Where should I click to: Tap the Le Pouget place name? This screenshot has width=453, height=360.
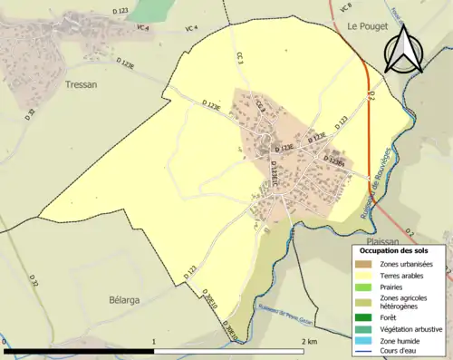click(366, 27)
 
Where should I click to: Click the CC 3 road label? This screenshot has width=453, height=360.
click(242, 59)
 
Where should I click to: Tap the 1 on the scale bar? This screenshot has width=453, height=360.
click(154, 343)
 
